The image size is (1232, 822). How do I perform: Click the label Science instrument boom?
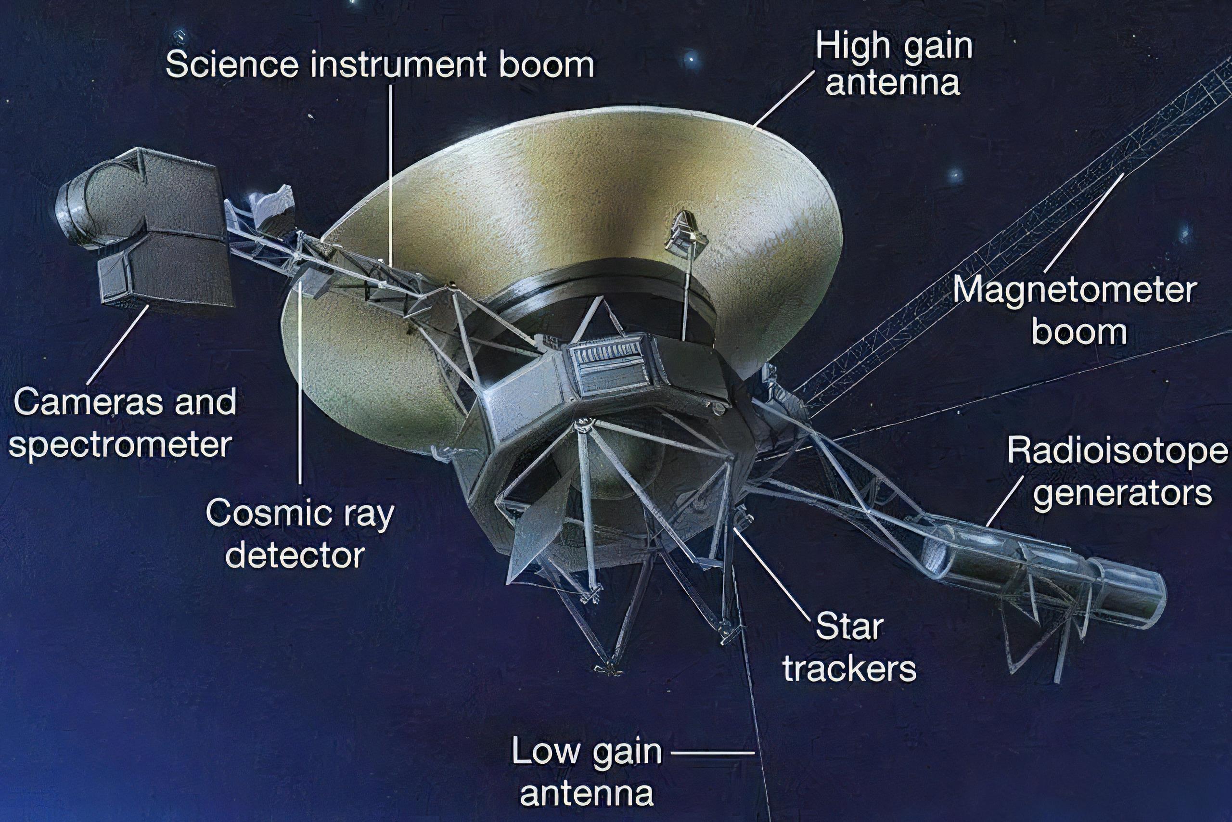[380, 65]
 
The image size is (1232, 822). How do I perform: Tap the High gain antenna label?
[893, 64]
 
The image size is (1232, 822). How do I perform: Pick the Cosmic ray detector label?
[299, 534]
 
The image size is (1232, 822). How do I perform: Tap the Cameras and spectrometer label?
[122, 423]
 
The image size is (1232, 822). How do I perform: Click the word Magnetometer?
[1075, 292]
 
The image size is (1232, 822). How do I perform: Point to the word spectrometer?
[121, 445]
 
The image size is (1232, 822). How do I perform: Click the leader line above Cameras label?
[117, 346]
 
